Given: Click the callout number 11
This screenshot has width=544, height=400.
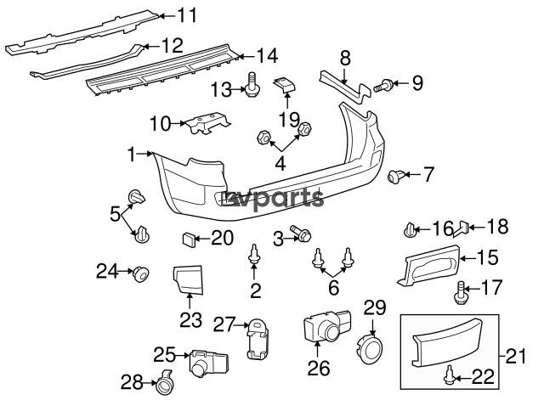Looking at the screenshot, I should [186, 14].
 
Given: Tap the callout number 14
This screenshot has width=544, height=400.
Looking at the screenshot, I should [266, 57].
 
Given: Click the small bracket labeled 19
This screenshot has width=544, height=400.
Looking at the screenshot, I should [285, 87].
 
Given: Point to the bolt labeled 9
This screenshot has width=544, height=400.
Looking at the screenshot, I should [384, 84].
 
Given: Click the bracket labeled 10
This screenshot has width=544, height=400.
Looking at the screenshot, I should [207, 124].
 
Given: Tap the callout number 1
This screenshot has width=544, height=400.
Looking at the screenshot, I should [131, 155].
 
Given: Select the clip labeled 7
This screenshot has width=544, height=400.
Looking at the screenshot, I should [396, 177].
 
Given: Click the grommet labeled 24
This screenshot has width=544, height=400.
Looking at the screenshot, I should [139, 273].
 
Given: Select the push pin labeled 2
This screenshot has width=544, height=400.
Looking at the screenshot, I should [254, 255].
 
